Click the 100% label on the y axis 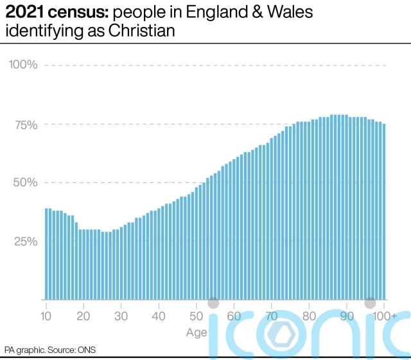(x=22, y=65)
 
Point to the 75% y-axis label (x=25, y=124)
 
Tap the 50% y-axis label (x=24, y=182)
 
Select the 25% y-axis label (x=25, y=241)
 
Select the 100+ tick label (x=385, y=316)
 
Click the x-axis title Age (x=197, y=332)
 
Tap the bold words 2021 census (x=49, y=13)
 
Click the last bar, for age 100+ (x=384, y=211)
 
